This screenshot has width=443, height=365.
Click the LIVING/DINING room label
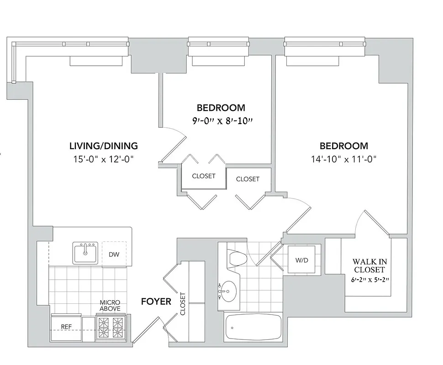(103, 146)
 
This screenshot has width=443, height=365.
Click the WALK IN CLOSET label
(369, 266)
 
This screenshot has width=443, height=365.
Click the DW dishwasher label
(114, 254)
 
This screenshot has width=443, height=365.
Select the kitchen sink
(85, 253)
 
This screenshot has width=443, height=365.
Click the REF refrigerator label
(66, 327)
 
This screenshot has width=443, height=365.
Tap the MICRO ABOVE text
(110, 306)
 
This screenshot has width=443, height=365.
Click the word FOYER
(156, 302)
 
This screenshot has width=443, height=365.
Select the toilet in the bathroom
(237, 259)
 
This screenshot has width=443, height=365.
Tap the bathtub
(253, 327)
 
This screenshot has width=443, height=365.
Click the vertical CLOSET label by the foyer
(183, 304)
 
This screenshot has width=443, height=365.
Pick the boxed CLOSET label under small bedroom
(203, 176)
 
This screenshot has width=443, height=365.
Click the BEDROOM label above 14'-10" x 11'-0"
(343, 146)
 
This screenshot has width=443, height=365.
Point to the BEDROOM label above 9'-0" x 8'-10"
(221, 108)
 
